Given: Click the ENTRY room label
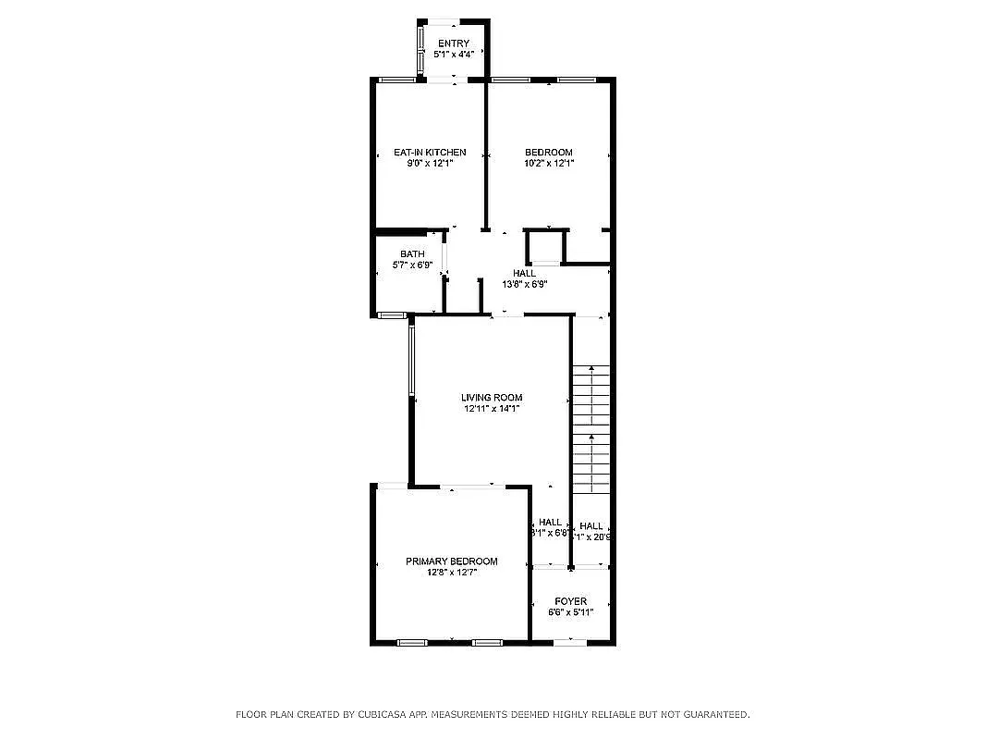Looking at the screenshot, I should click(454, 43).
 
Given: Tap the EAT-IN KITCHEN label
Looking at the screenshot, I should click(430, 153).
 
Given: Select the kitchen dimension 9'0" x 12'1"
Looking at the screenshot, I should click(430, 164).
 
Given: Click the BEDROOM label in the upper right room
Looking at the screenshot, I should click(549, 153).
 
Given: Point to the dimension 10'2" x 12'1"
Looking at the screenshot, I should click(549, 164).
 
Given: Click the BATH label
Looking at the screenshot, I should click(412, 254).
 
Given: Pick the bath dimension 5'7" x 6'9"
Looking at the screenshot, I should click(412, 265).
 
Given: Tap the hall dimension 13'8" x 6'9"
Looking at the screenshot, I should click(525, 285).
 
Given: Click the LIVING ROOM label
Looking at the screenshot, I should click(492, 398).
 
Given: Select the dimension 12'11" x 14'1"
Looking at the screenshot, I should click(492, 409).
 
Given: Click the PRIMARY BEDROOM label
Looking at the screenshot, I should click(452, 561).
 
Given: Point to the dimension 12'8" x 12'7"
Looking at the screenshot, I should click(452, 573).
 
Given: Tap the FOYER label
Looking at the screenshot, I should click(570, 601).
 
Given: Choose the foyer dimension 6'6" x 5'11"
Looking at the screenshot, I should click(570, 612).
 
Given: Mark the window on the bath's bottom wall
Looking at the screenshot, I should click(393, 315).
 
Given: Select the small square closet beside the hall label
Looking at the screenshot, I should click(543, 248).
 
